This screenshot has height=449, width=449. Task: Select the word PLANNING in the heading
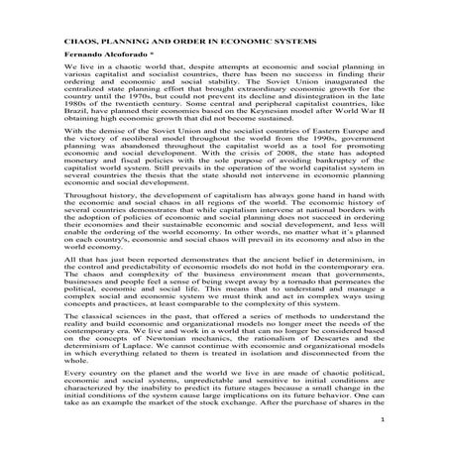(110, 46)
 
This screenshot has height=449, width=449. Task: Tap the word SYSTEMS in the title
(288, 46)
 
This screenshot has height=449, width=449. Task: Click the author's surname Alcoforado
(94, 61)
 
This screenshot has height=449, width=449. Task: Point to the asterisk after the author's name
(129, 61)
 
